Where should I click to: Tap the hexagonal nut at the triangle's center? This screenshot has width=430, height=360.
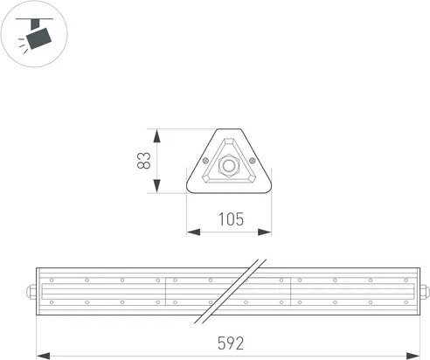click(x=230, y=164)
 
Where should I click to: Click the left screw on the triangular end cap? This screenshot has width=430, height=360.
click(x=205, y=162)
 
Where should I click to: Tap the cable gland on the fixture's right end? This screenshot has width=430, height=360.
click(x=423, y=291)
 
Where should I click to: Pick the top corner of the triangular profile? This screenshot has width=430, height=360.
click(x=230, y=131)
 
